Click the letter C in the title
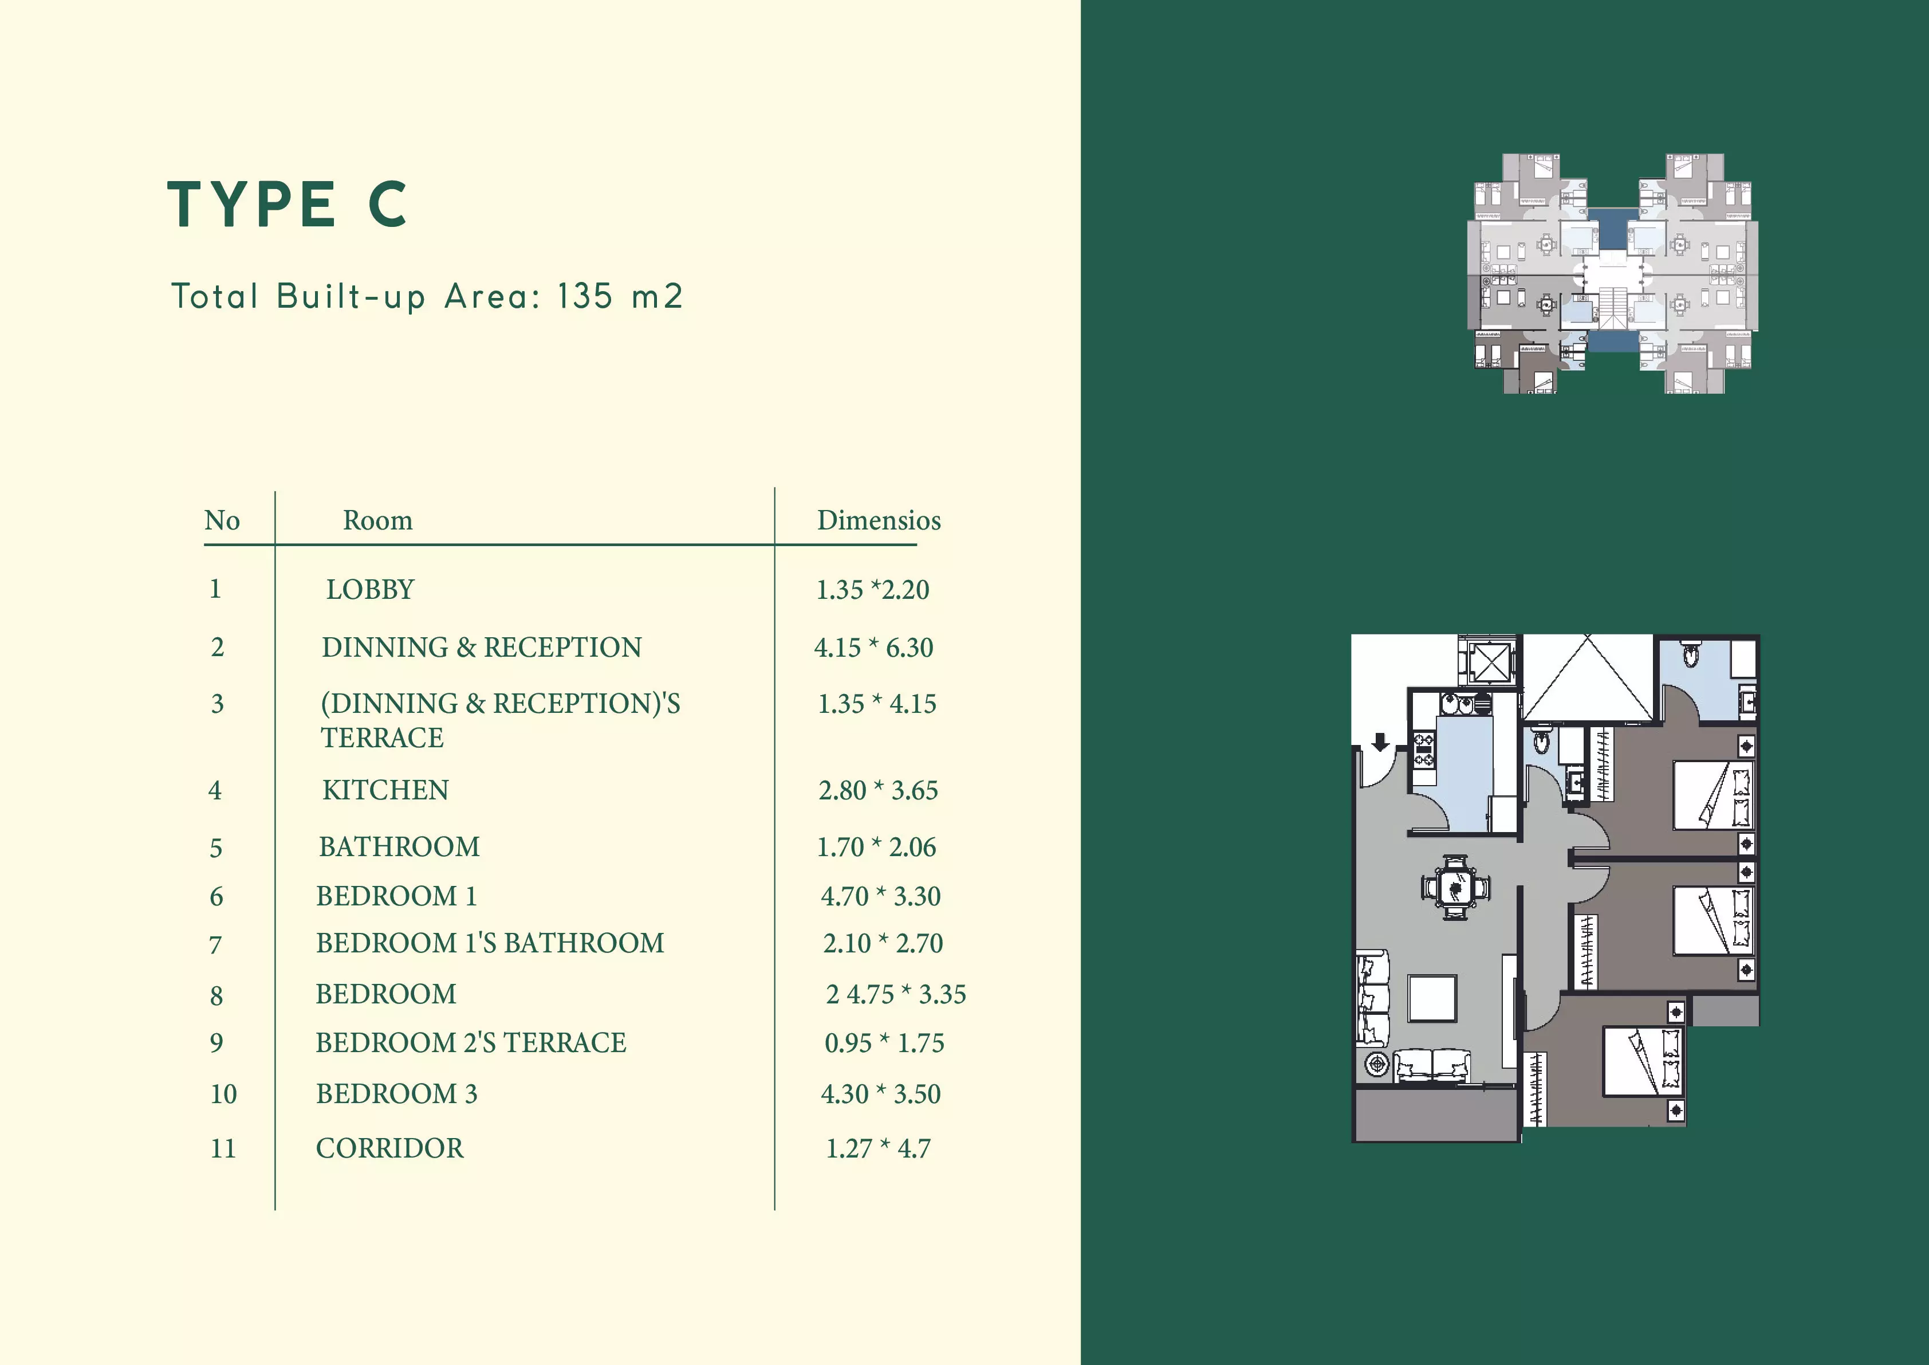388,203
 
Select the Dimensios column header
879,520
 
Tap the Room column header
378,521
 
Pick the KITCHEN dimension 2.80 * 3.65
878,790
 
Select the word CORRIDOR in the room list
389,1148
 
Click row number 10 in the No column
223,1093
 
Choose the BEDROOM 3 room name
396,1093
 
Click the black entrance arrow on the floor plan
1380,742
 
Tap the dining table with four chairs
1456,887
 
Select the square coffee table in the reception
1432,998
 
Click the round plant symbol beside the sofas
1377,1065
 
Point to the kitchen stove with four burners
1425,751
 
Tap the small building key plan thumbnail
1612,273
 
